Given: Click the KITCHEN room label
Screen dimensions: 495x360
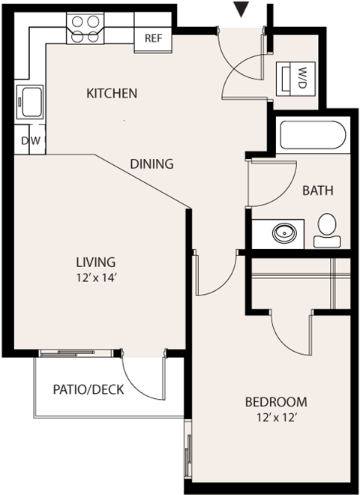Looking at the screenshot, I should [112, 94].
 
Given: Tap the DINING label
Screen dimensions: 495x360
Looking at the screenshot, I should [151, 163].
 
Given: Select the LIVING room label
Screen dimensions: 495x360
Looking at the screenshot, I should [95, 262].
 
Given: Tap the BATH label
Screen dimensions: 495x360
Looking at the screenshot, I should [317, 190].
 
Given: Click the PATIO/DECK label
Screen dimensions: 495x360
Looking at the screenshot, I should [88, 389].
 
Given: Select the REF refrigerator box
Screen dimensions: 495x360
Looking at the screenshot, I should [153, 38].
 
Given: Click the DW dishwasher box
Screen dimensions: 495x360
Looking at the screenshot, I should [30, 140].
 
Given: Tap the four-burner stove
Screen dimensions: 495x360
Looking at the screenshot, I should [84, 28].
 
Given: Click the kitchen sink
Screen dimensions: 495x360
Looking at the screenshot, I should [31, 102].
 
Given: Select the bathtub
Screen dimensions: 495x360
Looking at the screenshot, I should [312, 137].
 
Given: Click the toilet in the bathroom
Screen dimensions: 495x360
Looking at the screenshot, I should [327, 229].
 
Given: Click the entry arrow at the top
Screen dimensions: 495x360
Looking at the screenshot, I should [241, 9].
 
